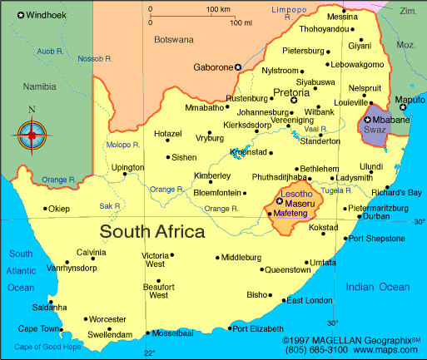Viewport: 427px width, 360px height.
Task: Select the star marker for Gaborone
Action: [238, 67]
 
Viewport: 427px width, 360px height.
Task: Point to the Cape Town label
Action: [38, 328]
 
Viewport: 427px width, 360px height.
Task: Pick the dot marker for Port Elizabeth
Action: [229, 329]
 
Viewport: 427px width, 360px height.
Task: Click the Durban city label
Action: [376, 216]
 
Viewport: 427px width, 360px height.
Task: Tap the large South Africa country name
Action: [152, 230]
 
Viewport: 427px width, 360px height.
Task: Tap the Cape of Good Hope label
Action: [50, 347]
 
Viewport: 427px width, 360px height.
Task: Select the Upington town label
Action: [127, 167]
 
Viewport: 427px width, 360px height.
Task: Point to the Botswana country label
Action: [173, 38]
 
